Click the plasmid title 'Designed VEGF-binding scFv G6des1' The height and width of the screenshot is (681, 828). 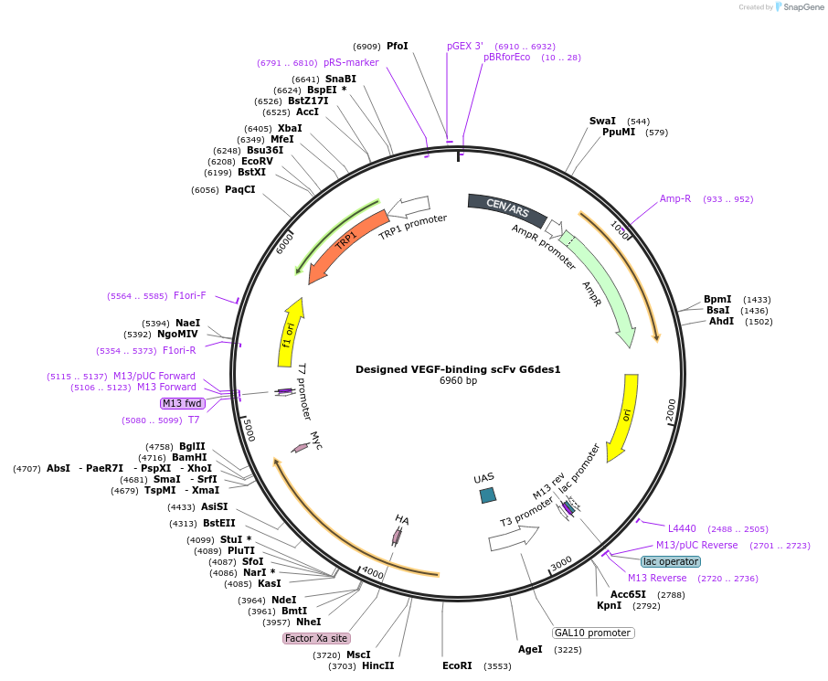tap(458, 369)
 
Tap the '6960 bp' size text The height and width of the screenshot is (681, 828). tap(458, 381)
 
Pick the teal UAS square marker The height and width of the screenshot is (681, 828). tap(488, 495)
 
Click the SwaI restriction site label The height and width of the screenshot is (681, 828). tap(602, 121)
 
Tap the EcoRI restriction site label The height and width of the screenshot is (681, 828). tap(457, 665)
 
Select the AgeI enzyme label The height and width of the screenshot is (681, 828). tap(530, 649)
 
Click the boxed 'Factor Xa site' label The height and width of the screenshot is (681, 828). tap(315, 638)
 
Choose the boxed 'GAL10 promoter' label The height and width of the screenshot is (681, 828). tap(593, 633)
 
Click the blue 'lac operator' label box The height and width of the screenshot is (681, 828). tap(670, 561)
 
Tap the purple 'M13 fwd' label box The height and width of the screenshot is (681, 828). tap(182, 403)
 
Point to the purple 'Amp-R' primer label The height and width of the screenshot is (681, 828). tap(675, 198)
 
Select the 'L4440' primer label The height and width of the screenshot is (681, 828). tap(682, 528)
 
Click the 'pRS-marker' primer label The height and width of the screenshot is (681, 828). tap(351, 62)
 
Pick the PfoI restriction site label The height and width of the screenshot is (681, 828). tap(397, 46)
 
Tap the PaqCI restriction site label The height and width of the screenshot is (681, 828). tap(239, 189)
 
